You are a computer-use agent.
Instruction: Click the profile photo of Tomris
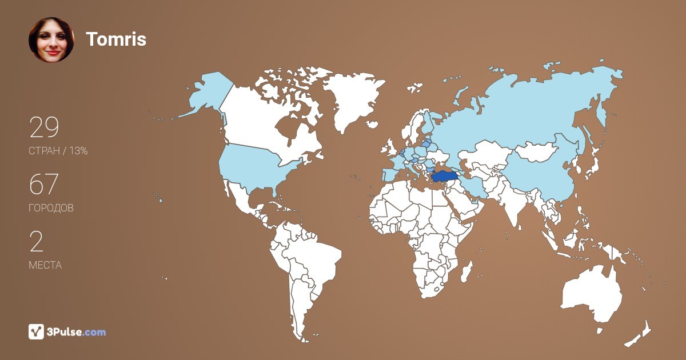point(51,39)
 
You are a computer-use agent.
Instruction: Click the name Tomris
point(116,39)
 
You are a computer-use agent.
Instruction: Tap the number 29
point(44,128)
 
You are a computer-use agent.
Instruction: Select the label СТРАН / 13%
point(58,151)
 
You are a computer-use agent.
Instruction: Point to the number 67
point(44,185)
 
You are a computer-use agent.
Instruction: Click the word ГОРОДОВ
point(51,208)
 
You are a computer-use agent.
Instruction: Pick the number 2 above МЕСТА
point(36,242)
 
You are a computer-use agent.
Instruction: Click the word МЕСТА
point(45,265)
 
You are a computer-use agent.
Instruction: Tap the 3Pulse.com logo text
point(77,332)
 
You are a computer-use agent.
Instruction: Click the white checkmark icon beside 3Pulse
point(37,331)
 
